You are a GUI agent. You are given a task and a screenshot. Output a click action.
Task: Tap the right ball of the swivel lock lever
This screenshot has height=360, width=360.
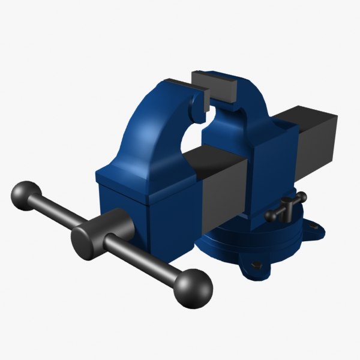[302, 197]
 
